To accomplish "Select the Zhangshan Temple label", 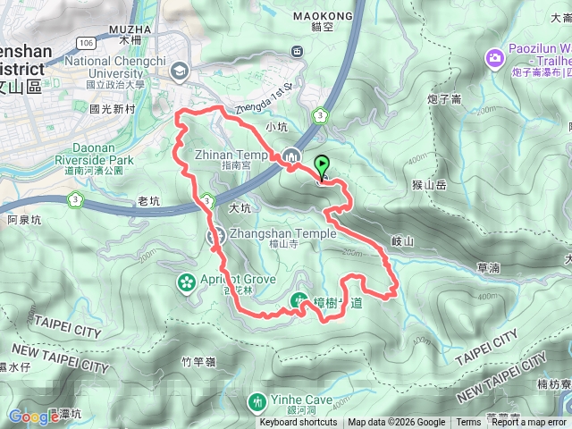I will tap(282, 234).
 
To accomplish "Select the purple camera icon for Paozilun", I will tap(493, 58).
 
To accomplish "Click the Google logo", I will tap(33, 416).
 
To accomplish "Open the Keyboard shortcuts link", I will tap(299, 423).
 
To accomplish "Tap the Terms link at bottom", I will tap(468, 423).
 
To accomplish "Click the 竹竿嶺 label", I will tap(198, 361).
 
